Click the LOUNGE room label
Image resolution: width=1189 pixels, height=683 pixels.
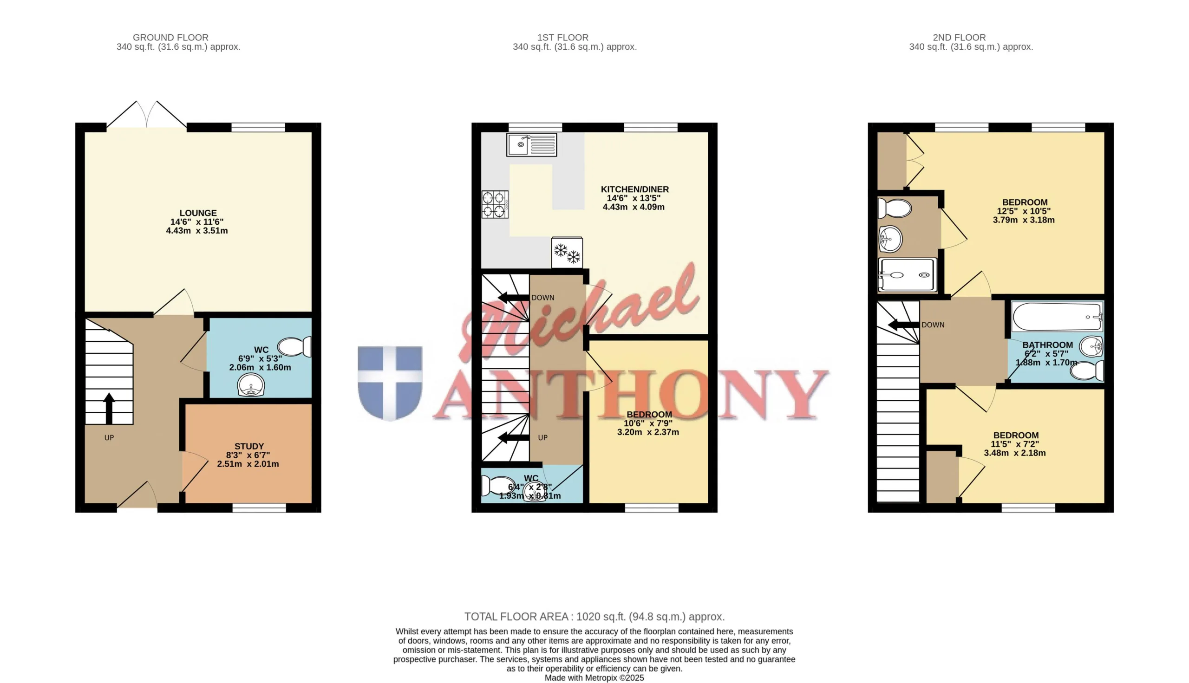(x=198, y=213)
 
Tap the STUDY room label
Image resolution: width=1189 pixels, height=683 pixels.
(x=249, y=446)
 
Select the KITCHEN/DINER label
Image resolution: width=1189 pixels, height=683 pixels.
(x=635, y=189)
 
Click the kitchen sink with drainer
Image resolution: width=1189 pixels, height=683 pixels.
(x=532, y=144)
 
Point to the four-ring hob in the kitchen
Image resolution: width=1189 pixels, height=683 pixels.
(x=495, y=204)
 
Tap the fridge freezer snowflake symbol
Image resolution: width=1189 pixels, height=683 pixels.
(x=567, y=253)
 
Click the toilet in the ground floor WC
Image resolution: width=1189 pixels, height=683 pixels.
(x=294, y=347)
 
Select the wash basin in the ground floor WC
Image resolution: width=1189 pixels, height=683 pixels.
(x=251, y=386)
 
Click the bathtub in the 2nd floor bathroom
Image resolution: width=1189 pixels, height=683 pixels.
(x=1057, y=316)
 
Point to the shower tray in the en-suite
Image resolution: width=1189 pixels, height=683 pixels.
(x=908, y=275)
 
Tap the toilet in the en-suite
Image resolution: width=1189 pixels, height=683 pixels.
(x=895, y=208)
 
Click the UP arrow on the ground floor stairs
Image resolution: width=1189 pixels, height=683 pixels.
(x=109, y=409)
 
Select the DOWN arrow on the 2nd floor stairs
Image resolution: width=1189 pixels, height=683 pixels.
(x=903, y=325)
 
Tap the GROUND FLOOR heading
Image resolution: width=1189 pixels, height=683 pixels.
(x=170, y=38)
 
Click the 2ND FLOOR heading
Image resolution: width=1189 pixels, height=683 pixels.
(x=959, y=38)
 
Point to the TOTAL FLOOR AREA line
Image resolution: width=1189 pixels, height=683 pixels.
(x=594, y=617)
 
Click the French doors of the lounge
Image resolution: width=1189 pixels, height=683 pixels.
(x=146, y=115)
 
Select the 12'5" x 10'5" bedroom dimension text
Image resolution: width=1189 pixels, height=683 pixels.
(x=1024, y=212)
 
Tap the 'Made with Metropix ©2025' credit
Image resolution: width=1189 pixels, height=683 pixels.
(x=594, y=678)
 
